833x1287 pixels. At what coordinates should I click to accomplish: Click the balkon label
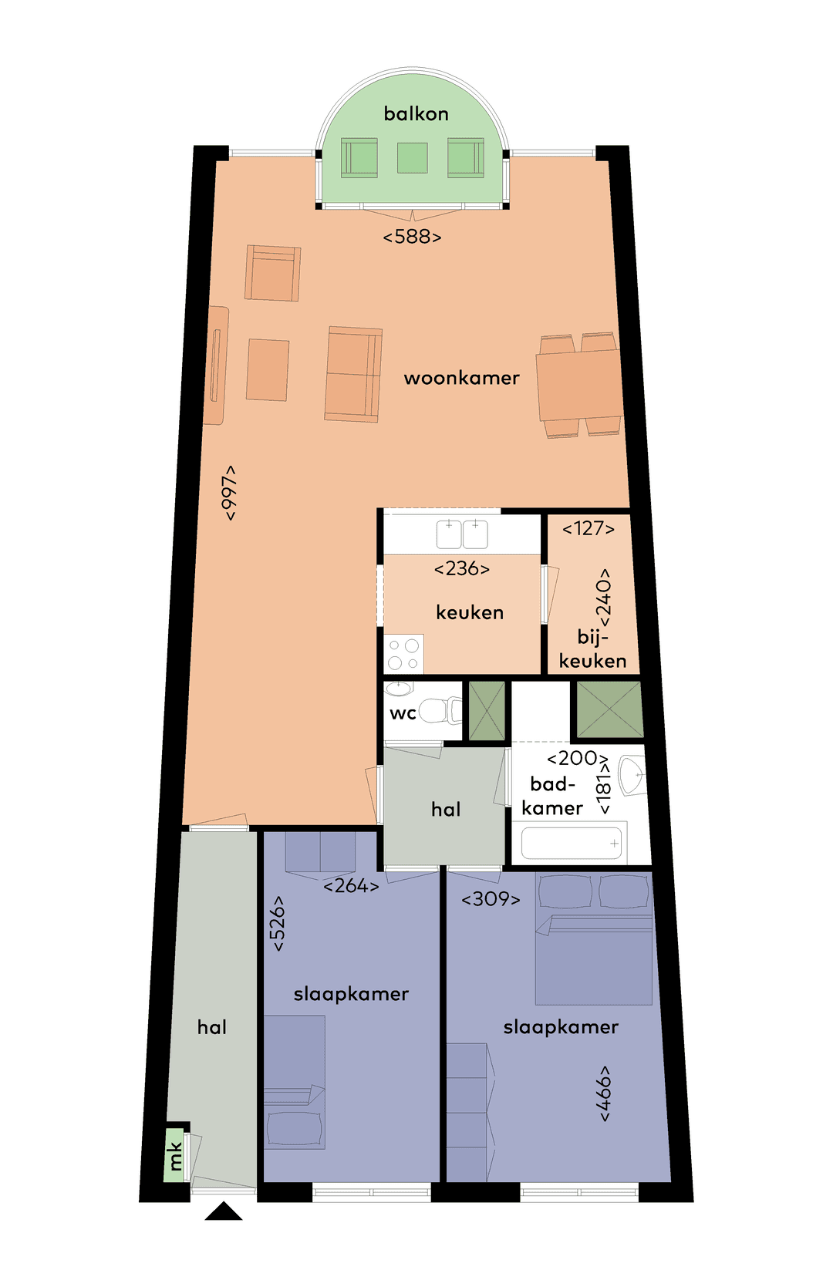(416, 114)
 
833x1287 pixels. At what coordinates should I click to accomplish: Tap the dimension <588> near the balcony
(412, 237)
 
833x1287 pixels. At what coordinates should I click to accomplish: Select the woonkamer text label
(461, 378)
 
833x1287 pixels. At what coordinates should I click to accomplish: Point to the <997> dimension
(229, 493)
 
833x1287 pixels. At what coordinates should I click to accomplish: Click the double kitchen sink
(462, 534)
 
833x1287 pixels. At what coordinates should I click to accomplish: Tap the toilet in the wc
(440, 710)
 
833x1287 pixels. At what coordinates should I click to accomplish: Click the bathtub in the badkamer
(572, 843)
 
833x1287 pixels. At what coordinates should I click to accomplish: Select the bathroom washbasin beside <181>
(632, 775)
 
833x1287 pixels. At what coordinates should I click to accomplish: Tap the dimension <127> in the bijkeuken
(588, 529)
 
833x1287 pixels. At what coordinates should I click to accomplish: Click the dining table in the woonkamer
(580, 386)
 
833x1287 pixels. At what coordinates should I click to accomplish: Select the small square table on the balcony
(413, 158)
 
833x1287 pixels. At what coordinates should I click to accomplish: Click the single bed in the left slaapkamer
(294, 1081)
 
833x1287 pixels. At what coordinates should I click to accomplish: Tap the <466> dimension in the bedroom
(604, 1093)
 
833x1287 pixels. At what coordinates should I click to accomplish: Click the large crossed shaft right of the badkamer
(609, 709)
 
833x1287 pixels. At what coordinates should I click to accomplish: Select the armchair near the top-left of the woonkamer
(272, 274)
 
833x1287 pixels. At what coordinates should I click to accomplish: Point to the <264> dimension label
(351, 886)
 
